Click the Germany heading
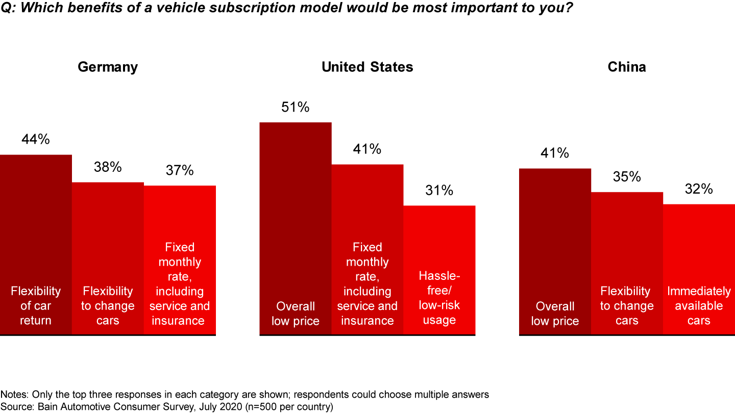pyautogui.click(x=108, y=67)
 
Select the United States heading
pyautogui.click(x=367, y=67)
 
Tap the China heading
pyautogui.click(x=627, y=67)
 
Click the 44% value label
pyautogui.click(x=36, y=139)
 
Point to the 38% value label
pyautogui.click(x=108, y=167)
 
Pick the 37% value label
pyautogui.click(x=180, y=170)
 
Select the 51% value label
pyautogui.click(x=296, y=107)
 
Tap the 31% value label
pyautogui.click(x=439, y=190)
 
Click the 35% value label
pyautogui.click(x=627, y=177)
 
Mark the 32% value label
pyautogui.click(x=699, y=189)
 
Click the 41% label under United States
pyautogui.click(x=367, y=149)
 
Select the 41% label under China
pyautogui.click(x=555, y=153)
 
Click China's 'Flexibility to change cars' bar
pyautogui.click(x=627, y=245)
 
